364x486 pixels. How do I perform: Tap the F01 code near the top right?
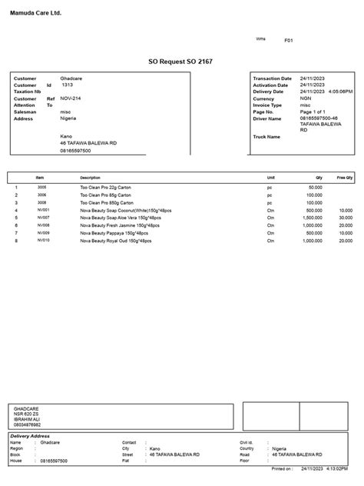tap(289, 40)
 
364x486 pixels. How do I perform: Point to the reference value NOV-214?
tap(71, 98)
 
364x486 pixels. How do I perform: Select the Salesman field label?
tap(25, 112)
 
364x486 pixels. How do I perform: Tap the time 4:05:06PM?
tap(339, 92)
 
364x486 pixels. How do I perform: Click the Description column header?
tap(91, 178)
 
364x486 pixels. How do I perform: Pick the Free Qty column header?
tap(344, 178)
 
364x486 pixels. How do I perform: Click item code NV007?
tap(44, 218)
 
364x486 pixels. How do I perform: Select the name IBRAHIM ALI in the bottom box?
tap(27, 419)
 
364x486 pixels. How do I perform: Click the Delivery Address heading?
tap(31, 436)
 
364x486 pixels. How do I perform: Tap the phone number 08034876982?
tap(28, 424)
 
